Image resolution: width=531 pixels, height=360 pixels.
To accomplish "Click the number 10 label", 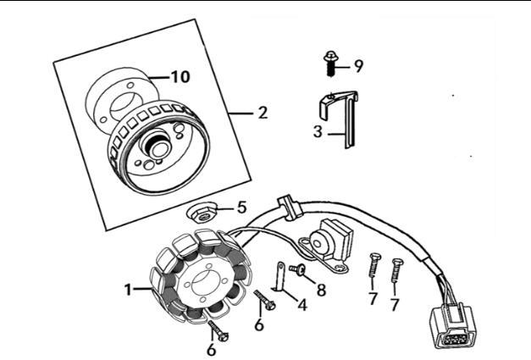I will [x=179, y=76].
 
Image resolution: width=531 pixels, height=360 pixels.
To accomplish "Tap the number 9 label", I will [x=358, y=64].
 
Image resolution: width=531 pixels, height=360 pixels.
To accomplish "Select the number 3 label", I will [x=317, y=131].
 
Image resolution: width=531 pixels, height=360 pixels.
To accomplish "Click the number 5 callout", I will [x=241, y=206].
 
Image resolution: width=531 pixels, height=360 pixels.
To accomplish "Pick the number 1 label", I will [x=128, y=289].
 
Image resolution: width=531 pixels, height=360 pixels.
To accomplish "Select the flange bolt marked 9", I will [x=329, y=60].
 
